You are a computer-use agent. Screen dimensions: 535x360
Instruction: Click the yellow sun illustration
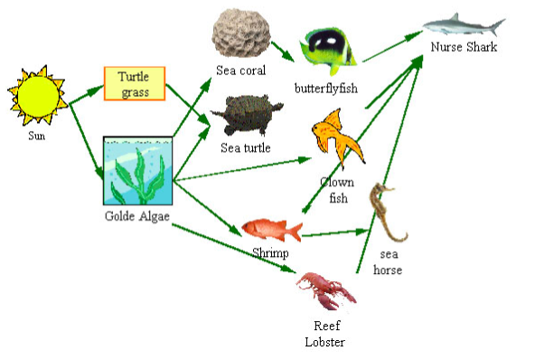click(x=38, y=95)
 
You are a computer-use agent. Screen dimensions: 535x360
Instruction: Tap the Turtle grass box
click(x=135, y=83)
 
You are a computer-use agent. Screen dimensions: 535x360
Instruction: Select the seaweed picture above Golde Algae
click(x=138, y=170)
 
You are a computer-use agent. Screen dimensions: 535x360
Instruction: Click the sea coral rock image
click(x=241, y=33)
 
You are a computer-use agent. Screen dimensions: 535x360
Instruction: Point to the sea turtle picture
click(x=247, y=115)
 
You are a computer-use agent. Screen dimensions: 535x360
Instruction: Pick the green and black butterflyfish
click(x=328, y=51)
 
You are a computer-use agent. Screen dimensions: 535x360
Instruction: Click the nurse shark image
click(x=464, y=24)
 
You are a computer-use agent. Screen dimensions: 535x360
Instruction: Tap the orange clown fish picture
click(x=337, y=137)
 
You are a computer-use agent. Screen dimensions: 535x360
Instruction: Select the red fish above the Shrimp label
click(x=272, y=230)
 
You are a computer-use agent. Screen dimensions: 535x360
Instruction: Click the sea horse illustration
click(x=388, y=213)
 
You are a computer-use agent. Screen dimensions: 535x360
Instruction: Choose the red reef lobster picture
click(x=326, y=290)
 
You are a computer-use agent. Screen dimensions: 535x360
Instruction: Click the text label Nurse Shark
click(x=464, y=47)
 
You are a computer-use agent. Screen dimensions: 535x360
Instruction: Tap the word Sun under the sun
click(x=36, y=136)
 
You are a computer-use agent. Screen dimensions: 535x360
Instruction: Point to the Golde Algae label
click(x=137, y=216)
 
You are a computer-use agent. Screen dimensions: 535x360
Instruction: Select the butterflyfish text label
click(x=326, y=89)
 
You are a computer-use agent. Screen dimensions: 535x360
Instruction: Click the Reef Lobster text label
click(x=325, y=334)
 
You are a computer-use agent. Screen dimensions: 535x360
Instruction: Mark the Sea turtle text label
click(x=246, y=147)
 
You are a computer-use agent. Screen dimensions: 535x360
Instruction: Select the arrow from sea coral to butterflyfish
click(x=283, y=52)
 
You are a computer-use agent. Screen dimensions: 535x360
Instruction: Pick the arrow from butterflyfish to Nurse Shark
click(x=392, y=46)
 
